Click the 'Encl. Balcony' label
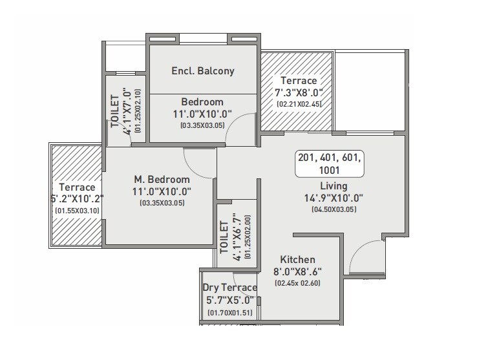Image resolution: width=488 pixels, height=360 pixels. [x=202, y=71]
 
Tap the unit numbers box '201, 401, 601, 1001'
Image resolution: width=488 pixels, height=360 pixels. [x=330, y=164]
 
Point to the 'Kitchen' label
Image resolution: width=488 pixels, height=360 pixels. [x=297, y=259]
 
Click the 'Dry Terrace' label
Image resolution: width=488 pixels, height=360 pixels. [x=229, y=288]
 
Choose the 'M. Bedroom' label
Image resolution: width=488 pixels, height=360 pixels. [x=162, y=179]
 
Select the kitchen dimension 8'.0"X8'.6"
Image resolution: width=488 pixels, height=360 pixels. [x=297, y=271]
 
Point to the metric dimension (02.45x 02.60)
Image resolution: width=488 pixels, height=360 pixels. [x=297, y=283]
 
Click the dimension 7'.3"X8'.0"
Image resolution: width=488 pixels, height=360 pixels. [x=298, y=92]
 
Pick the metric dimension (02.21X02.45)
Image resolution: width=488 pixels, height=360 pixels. [x=298, y=103]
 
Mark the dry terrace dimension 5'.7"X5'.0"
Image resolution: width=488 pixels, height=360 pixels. [x=229, y=301]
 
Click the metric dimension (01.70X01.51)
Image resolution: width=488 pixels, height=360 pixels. [x=229, y=313]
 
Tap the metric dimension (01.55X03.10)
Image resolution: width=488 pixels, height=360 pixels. [x=77, y=211]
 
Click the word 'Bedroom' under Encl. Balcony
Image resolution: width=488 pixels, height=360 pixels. [x=202, y=102]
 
